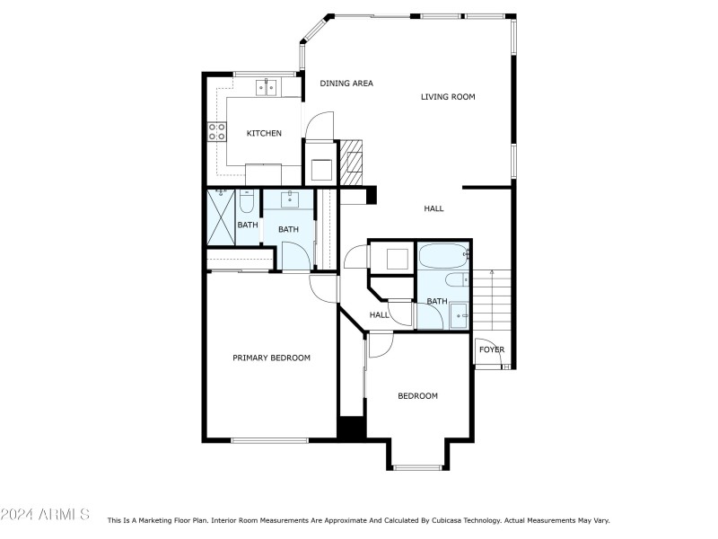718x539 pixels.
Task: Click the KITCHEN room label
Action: click(264, 134)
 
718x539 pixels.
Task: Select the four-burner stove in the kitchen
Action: click(217, 132)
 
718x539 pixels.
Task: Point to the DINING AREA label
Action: click(346, 84)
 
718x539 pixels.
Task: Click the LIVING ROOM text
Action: click(448, 97)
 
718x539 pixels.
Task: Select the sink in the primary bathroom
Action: click(290, 199)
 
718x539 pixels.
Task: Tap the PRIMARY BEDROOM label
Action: click(271, 358)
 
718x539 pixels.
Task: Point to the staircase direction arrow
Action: click(492, 272)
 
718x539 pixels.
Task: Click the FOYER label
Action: click(491, 350)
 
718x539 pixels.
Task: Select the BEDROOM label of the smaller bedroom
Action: click(417, 396)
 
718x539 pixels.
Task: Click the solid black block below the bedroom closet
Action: click(350, 429)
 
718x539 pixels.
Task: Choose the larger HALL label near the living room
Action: click(433, 208)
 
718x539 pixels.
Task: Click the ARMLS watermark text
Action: click(45, 515)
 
